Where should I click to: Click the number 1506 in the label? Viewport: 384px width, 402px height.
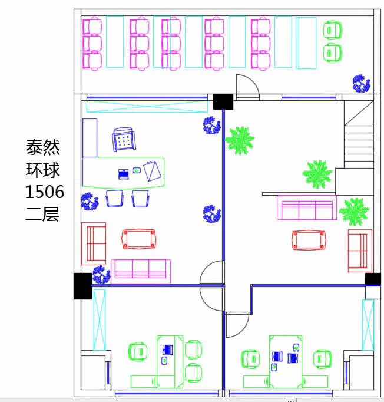click(x=45, y=192)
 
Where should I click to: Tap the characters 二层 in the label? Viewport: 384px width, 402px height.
click(x=42, y=214)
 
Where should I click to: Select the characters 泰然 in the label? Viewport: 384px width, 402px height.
click(x=42, y=147)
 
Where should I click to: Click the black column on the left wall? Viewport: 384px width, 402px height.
click(x=82, y=286)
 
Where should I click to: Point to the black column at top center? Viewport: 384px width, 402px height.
click(x=223, y=102)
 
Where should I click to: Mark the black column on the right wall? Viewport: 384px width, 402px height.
click(x=373, y=279)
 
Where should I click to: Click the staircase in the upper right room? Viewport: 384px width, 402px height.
click(x=359, y=134)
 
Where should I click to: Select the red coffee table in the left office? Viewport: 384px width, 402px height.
click(x=138, y=239)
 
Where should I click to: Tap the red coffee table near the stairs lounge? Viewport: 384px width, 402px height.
click(x=309, y=240)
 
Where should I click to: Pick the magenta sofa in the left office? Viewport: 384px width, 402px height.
click(x=141, y=271)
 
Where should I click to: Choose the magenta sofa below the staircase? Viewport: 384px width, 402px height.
click(x=307, y=207)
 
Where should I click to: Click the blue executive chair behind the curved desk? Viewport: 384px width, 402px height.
click(x=124, y=140)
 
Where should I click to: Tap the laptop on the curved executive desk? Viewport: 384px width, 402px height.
click(x=124, y=174)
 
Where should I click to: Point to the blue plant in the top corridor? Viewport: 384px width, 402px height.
click(x=361, y=84)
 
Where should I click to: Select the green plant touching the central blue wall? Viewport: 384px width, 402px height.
click(x=240, y=140)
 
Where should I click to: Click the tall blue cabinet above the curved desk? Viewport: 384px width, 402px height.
click(x=90, y=138)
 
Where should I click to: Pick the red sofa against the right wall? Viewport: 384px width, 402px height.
click(x=360, y=251)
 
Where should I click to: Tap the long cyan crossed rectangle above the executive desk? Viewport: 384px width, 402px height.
click(x=147, y=107)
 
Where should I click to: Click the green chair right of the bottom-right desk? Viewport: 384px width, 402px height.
click(x=323, y=359)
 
